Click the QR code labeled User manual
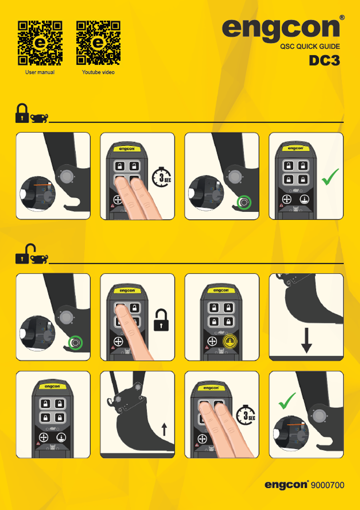tap(40, 43)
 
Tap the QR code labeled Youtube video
tap(98, 43)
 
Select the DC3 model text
tap(324, 61)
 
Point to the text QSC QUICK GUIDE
tap(310, 47)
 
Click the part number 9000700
tap(328, 485)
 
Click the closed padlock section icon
tap(22, 113)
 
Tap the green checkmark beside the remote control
tap(330, 177)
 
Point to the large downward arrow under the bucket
tap(307, 340)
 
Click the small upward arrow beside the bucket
tap(164, 429)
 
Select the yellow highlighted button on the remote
tap(230, 341)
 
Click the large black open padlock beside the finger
tap(161, 320)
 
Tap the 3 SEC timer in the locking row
tap(162, 177)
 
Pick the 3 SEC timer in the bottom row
tap(246, 415)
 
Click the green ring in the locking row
tap(244, 202)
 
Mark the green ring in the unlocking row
tap(75, 342)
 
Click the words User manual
tap(40, 72)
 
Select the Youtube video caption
tap(98, 72)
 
